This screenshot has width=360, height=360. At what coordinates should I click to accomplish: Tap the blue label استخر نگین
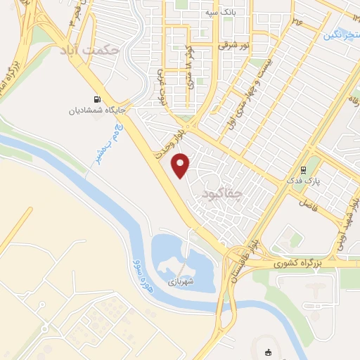click(x=340, y=33)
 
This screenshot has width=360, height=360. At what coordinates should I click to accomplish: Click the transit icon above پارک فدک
click(x=304, y=169)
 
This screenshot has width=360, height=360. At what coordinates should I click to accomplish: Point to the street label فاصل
click(x=307, y=204)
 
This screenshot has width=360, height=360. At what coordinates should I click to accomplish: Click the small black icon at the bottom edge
click(x=267, y=354)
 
